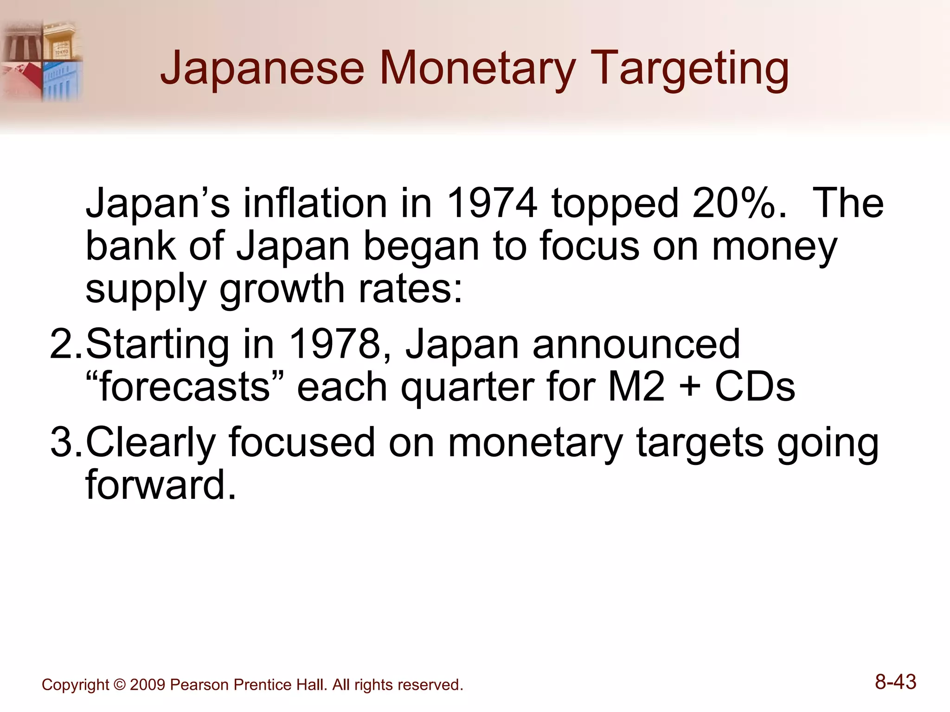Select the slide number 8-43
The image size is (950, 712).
pyautogui.click(x=895, y=682)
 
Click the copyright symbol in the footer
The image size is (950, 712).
pyautogui.click(x=119, y=685)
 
